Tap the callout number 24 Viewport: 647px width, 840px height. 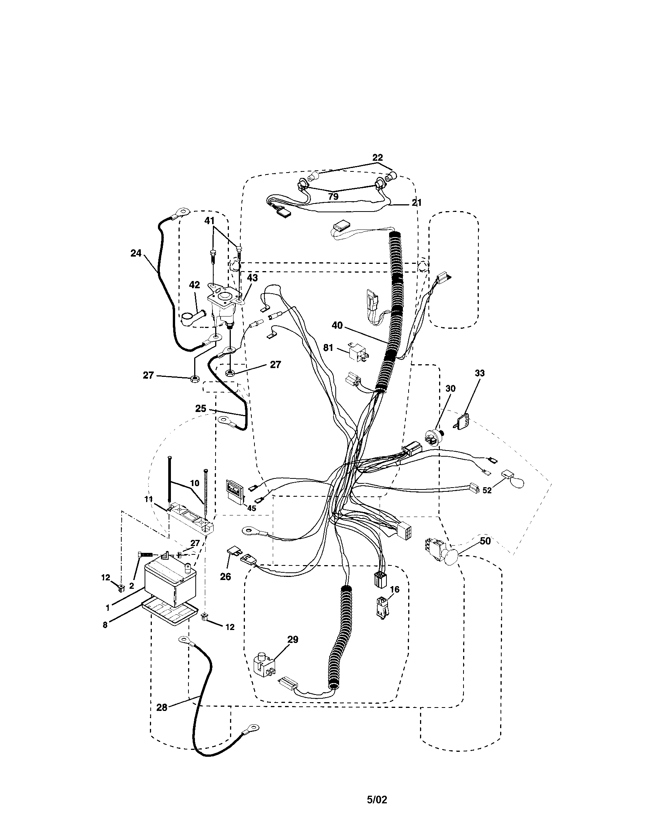136,253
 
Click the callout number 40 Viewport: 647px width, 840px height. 337,325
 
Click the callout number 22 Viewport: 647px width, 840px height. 377,158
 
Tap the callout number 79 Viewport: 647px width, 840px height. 333,197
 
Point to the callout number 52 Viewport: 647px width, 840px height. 487,491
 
